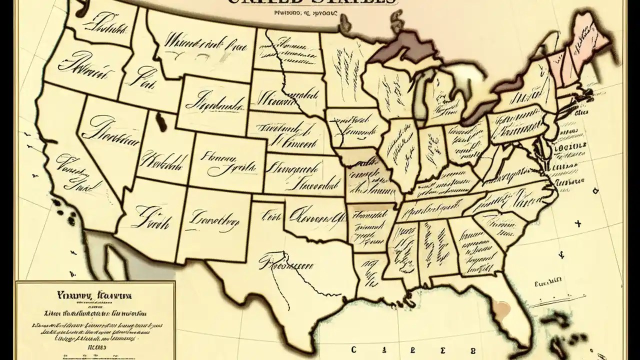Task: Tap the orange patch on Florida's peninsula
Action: pyautogui.click(x=500, y=309)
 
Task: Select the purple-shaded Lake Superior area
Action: pyautogui.click(x=405, y=47)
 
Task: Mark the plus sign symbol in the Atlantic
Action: pyautogui.click(x=579, y=223)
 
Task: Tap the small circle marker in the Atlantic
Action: pyautogui.click(x=595, y=191)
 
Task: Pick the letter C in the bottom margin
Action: pyautogui.click(x=353, y=349)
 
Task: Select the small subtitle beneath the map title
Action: pyautogui.click(x=306, y=15)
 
